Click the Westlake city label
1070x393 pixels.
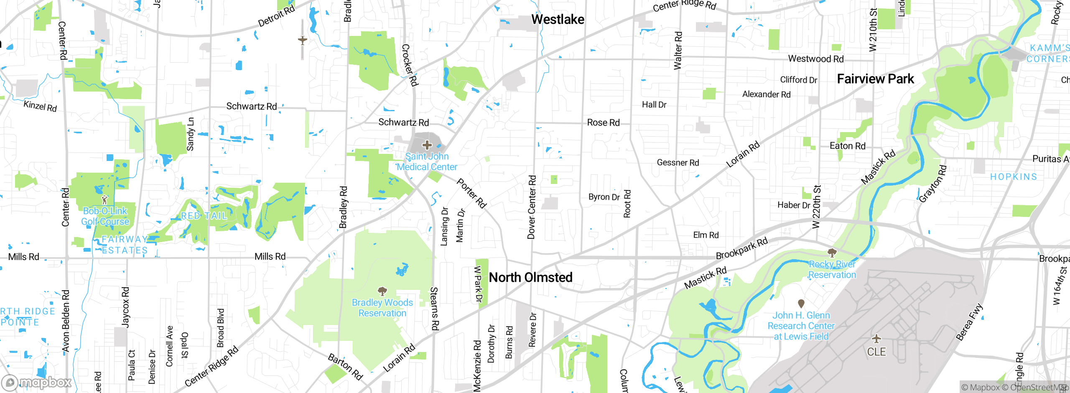click(558, 19)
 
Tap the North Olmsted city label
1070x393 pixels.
click(530, 277)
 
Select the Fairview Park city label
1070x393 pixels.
click(875, 79)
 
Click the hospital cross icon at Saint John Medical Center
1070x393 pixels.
click(427, 145)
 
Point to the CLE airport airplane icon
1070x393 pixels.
click(876, 339)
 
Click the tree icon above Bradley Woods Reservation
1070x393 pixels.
click(382, 291)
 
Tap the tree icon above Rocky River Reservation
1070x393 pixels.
click(832, 253)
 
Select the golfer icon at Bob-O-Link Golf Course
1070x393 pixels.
click(104, 200)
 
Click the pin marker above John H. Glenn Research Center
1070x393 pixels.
click(801, 304)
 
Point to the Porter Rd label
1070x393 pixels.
click(471, 193)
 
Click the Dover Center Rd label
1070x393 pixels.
click(531, 207)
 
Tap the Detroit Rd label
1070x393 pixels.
click(276, 16)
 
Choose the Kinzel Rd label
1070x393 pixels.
click(40, 106)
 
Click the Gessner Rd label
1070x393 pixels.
click(678, 162)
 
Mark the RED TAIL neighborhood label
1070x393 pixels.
click(204, 216)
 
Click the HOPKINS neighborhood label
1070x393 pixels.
click(1013, 176)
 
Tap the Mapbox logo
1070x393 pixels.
click(37, 382)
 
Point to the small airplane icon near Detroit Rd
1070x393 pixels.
click(303, 40)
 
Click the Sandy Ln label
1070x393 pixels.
click(190, 134)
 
